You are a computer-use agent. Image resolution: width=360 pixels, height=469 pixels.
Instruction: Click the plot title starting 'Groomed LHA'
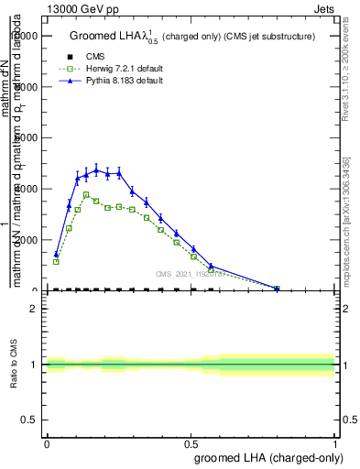tap(192, 37)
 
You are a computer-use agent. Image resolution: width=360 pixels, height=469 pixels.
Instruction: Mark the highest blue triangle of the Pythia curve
tap(96, 169)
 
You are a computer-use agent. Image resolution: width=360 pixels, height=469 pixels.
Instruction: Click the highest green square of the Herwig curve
tap(87, 194)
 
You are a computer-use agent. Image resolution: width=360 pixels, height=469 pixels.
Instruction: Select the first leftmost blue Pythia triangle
tap(56, 255)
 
